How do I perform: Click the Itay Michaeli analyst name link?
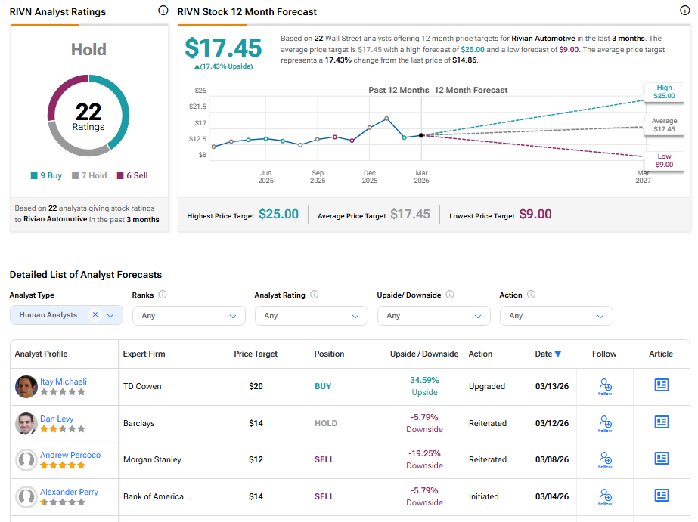click(63, 381)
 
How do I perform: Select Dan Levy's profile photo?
click(26, 424)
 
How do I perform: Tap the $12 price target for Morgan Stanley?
click(256, 459)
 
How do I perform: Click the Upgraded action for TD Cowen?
click(486, 386)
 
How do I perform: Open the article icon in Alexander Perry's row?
click(662, 496)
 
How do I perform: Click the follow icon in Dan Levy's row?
click(605, 422)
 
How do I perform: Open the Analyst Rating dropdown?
click(312, 316)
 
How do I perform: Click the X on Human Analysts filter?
click(95, 315)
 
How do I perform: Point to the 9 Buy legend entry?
click(47, 175)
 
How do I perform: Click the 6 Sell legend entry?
click(132, 175)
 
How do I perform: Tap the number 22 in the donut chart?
click(88, 112)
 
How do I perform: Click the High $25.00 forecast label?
click(664, 92)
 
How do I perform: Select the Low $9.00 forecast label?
click(664, 160)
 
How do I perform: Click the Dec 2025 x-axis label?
click(370, 177)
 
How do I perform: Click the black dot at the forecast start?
click(421, 135)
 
